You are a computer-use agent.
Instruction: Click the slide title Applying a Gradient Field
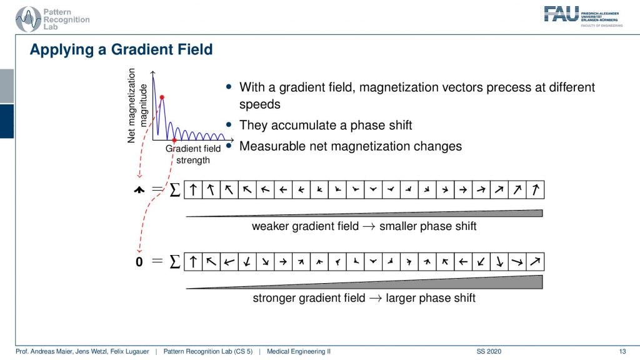(121, 50)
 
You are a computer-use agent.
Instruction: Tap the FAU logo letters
(562, 14)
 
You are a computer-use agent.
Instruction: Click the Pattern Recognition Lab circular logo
(28, 19)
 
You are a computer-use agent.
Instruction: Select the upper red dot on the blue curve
(162, 97)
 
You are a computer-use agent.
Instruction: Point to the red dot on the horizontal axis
(174, 141)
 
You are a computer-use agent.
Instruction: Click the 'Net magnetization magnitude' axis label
(137, 105)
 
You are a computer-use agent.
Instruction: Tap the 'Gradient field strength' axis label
(193, 154)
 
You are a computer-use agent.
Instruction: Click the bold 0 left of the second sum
(139, 262)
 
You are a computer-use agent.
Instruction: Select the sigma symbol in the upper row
(175, 190)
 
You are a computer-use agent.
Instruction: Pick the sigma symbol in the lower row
(175, 262)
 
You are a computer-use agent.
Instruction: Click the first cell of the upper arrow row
(193, 190)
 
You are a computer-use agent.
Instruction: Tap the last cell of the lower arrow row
(535, 262)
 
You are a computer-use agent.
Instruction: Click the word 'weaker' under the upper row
(270, 226)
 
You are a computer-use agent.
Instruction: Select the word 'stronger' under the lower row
(274, 298)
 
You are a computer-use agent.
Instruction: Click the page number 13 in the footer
(622, 351)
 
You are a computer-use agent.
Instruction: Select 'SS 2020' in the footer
(489, 351)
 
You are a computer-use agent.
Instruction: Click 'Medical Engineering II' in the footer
(299, 351)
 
